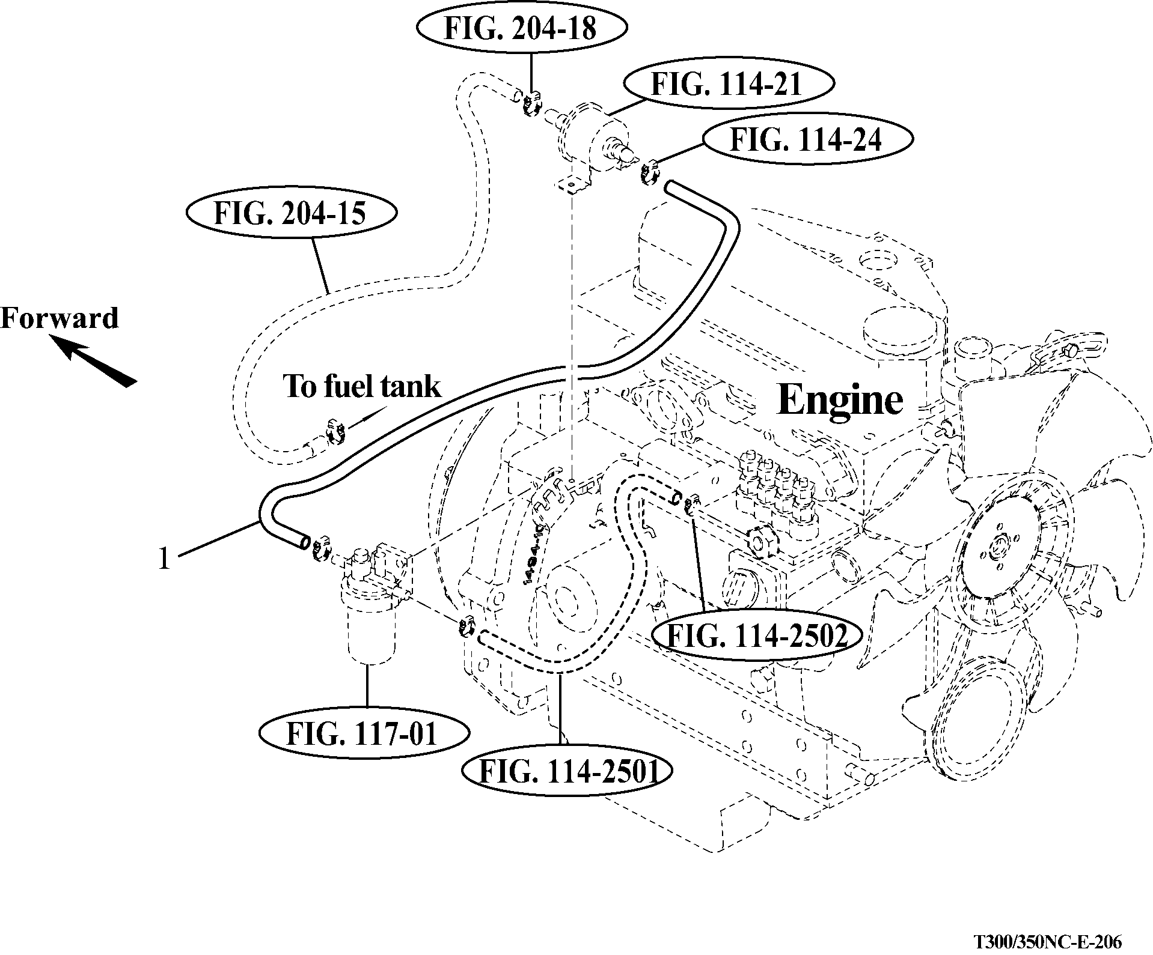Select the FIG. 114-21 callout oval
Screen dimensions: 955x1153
(x=727, y=83)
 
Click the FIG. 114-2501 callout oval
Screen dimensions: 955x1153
(x=566, y=771)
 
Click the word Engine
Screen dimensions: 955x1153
(x=840, y=399)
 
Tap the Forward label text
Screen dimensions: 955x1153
(x=60, y=318)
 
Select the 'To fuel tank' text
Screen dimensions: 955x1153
(x=362, y=386)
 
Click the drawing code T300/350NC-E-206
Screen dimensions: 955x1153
(x=1048, y=940)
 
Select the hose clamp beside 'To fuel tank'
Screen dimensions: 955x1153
(x=335, y=432)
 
